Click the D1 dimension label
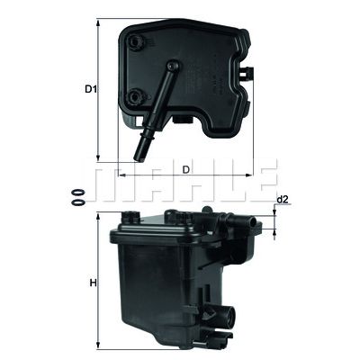[x=90, y=89]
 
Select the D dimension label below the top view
[x=185, y=168]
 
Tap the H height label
[x=93, y=284]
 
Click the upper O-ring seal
[x=78, y=191]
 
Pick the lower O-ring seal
[x=78, y=202]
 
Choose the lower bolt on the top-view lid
[x=137, y=97]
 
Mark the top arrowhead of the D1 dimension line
[x=98, y=20]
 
